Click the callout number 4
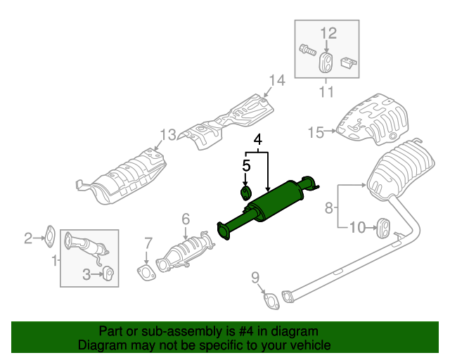click(x=258, y=139)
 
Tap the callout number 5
click(x=246, y=166)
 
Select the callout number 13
click(x=167, y=134)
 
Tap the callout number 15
click(x=316, y=131)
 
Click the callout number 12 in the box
click(x=328, y=33)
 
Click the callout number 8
click(x=328, y=207)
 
